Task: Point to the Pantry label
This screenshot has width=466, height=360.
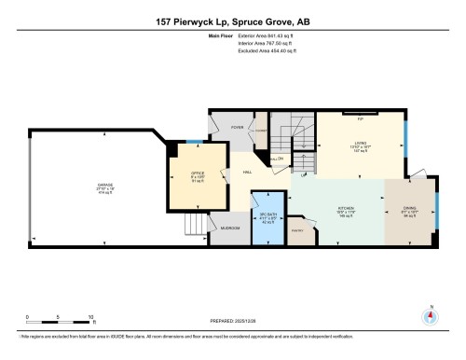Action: point(299,231)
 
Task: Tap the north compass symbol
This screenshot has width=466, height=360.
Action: point(430,313)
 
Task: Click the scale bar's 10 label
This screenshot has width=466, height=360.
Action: point(90,318)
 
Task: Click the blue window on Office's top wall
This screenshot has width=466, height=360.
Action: point(191,141)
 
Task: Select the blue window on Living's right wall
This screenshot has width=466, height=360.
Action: point(404,140)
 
